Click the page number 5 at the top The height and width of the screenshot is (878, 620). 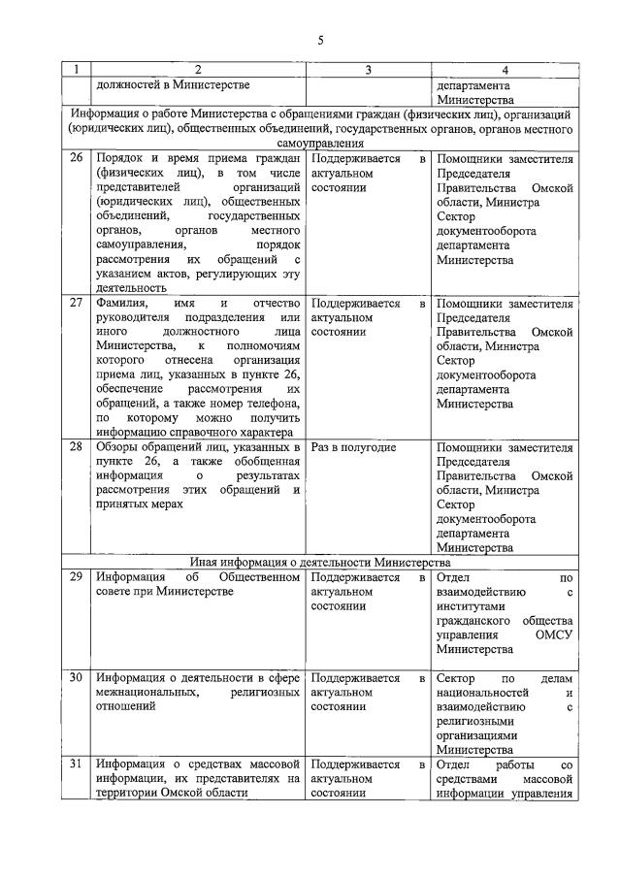[319, 40]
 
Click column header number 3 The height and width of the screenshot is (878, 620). [368, 70]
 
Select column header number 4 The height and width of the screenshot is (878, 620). [504, 70]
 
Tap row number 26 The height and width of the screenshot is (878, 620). [76, 158]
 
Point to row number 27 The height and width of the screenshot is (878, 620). [76, 304]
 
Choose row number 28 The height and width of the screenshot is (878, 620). [76, 447]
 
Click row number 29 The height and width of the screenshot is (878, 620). [76, 578]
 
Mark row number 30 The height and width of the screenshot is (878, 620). [76, 678]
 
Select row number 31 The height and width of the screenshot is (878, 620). [76, 764]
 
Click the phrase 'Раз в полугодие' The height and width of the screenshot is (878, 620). [353, 447]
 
